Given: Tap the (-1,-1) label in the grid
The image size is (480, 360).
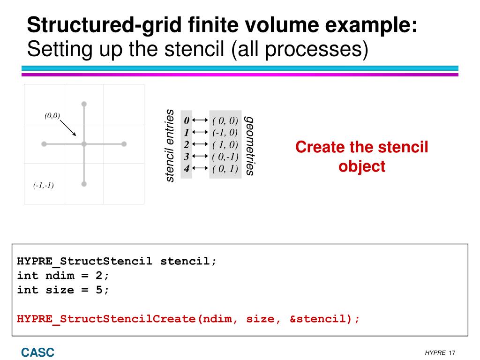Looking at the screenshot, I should [x=44, y=186].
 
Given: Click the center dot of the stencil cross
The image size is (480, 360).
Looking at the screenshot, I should [x=84, y=144].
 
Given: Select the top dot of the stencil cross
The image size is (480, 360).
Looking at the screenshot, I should [x=84, y=104].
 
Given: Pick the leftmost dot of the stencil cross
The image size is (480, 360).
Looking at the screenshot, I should [x=44, y=144].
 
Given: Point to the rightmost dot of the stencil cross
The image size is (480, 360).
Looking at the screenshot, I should [x=124, y=144].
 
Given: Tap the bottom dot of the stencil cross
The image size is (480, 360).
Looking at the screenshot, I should [x=84, y=184].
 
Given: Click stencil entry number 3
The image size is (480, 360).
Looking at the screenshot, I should [x=186, y=157].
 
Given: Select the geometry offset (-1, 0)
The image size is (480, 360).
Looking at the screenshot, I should [x=225, y=133].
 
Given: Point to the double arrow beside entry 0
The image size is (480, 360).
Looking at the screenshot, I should [x=200, y=121].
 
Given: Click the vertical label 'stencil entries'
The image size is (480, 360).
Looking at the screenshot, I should [x=170, y=145].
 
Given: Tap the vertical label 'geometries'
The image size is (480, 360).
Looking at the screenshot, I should [x=250, y=145].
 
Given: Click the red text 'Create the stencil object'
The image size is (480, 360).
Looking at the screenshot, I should [x=362, y=157].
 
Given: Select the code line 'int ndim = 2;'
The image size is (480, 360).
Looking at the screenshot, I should [x=63, y=276].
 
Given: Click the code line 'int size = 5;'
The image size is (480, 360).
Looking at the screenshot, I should [x=63, y=290].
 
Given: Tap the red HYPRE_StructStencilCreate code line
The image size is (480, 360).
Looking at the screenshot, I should [x=188, y=319].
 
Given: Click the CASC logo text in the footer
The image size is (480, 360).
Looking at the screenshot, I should [x=37, y=352].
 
